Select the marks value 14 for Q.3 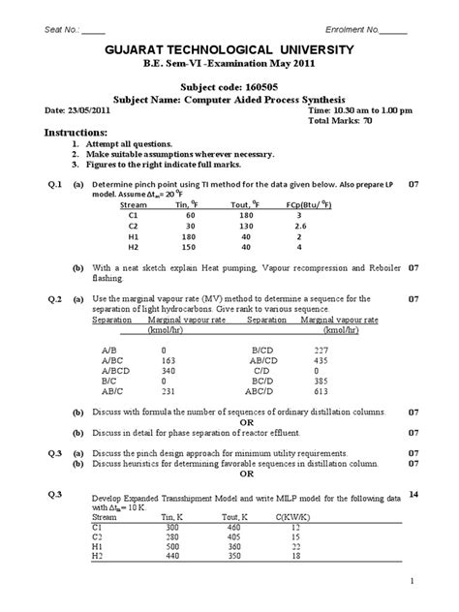point(415,495)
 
